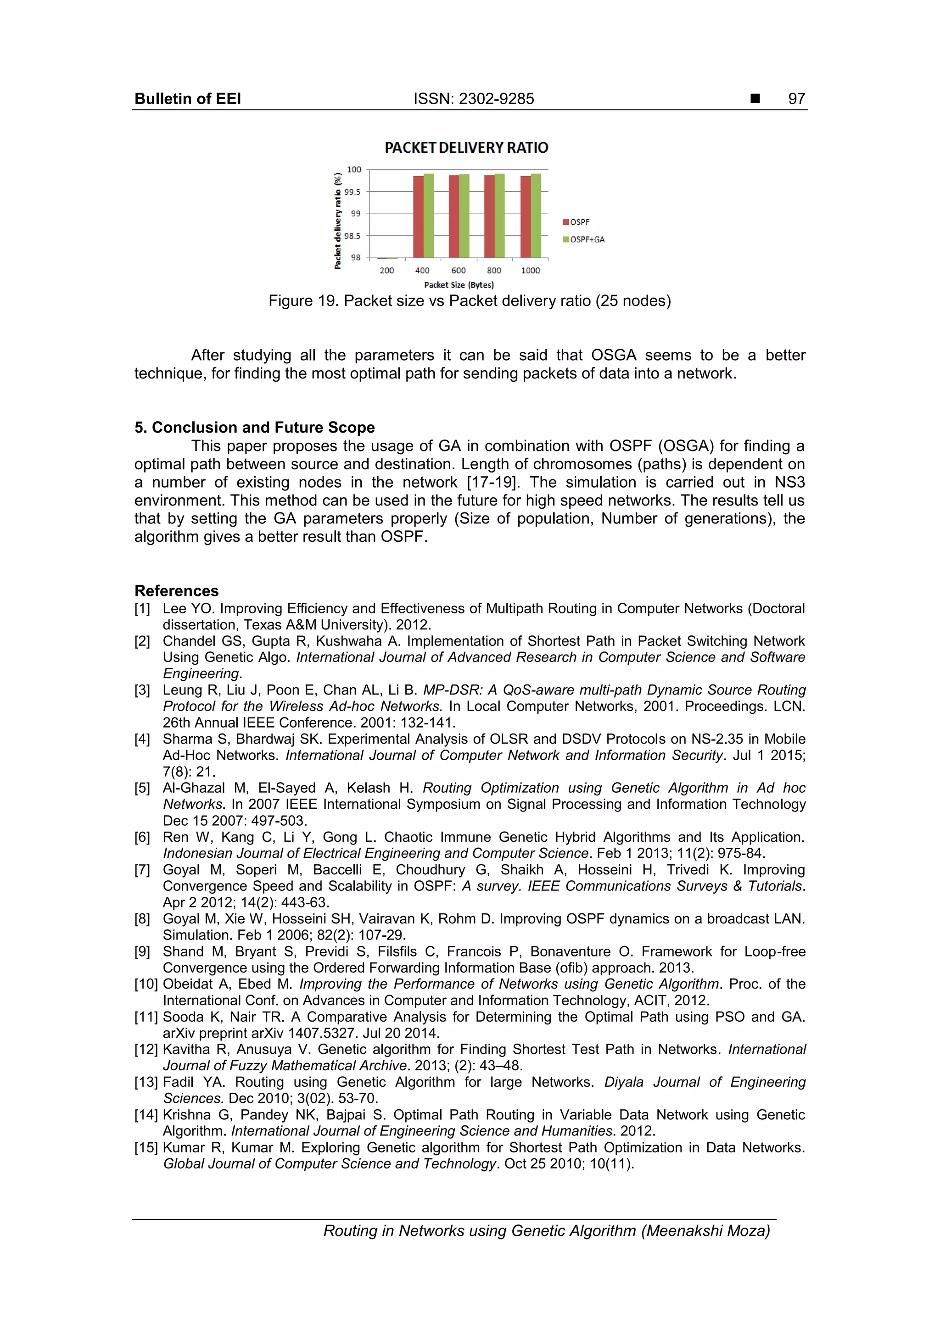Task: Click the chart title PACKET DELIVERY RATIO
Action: (x=466, y=148)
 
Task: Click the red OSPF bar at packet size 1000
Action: (x=526, y=217)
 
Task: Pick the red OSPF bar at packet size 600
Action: (x=453, y=217)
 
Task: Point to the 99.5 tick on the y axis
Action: (x=352, y=192)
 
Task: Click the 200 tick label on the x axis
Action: (x=387, y=270)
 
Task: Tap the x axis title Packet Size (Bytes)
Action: (x=459, y=285)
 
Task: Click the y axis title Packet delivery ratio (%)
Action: (x=338, y=220)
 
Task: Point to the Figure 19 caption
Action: (x=469, y=301)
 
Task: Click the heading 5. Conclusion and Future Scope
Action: (x=254, y=427)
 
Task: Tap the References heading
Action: (x=177, y=590)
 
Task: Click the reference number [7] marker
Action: (x=142, y=870)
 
